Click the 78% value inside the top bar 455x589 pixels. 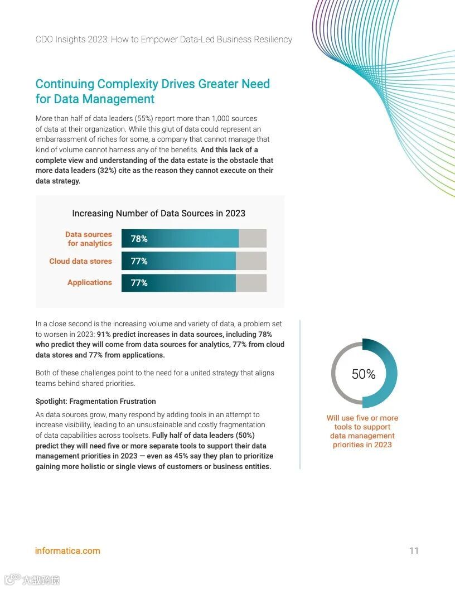(x=139, y=239)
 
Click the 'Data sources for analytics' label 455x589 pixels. (x=89, y=239)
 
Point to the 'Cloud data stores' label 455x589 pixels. (x=80, y=261)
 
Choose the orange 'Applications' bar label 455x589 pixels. (x=89, y=282)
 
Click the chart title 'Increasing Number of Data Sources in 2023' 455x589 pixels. (x=158, y=213)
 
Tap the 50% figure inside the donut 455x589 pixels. (x=364, y=374)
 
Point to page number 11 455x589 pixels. (x=414, y=551)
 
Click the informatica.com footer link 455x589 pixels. (x=67, y=551)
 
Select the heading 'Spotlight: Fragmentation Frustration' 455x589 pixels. (x=95, y=401)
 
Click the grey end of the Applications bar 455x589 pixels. (x=251, y=283)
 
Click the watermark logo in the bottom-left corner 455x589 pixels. (x=12, y=580)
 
